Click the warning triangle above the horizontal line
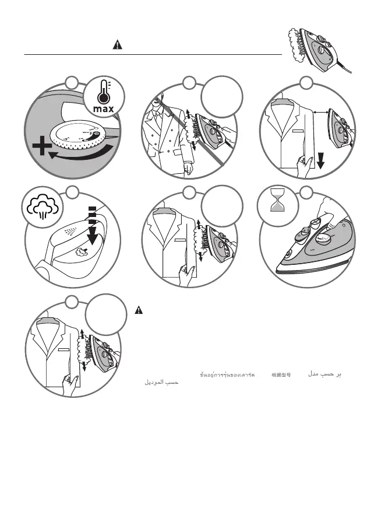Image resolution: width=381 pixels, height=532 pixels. click(117, 45)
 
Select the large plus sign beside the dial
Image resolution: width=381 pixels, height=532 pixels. click(41, 148)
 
